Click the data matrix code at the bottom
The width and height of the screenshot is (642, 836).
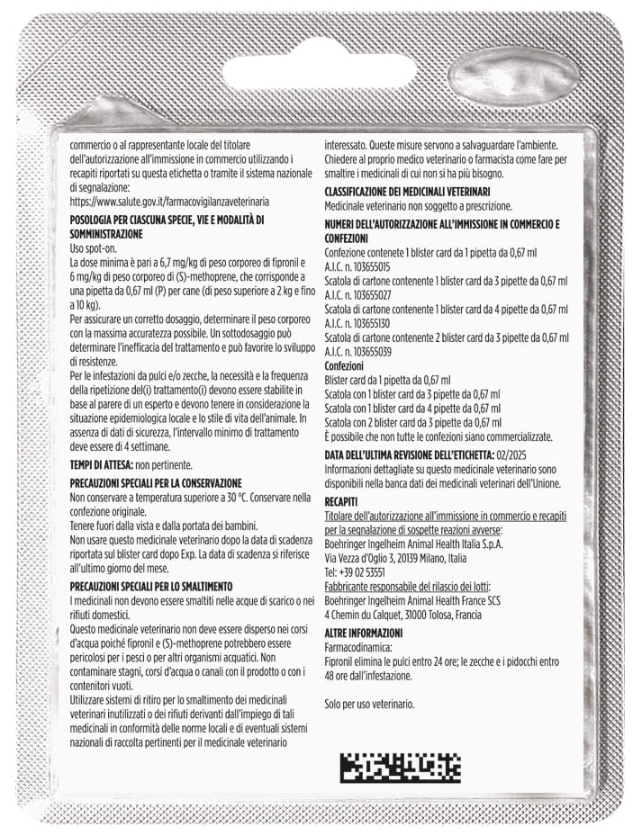tap(400, 768)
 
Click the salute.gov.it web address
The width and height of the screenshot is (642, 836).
tap(169, 202)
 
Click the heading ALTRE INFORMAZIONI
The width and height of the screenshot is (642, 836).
tap(364, 633)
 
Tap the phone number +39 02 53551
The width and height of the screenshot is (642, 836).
tap(355, 571)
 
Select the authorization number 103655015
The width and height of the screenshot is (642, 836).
tap(370, 267)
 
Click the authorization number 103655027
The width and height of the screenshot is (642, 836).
tap(370, 294)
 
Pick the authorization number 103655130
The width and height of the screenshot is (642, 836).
tap(370, 322)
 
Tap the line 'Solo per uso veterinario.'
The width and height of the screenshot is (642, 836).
tap(369, 703)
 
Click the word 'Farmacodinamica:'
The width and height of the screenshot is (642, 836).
tap(357, 647)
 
